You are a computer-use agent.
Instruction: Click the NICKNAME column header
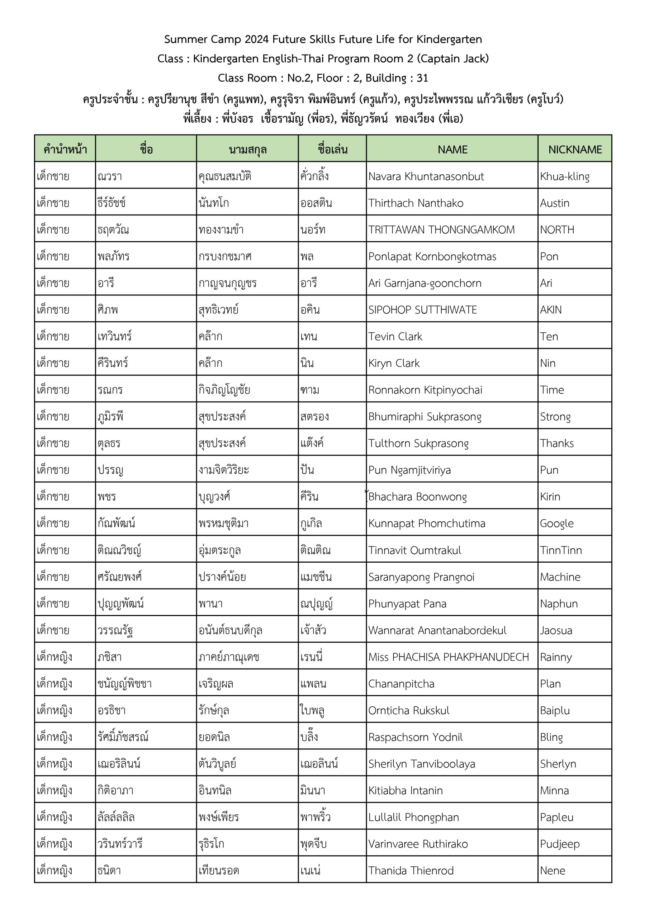[575, 150]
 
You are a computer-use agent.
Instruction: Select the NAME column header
[452, 150]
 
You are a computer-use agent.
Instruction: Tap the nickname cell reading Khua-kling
[565, 176]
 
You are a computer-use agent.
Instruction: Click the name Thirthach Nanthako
[416, 203]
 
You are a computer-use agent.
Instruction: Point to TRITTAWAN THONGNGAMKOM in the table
[441, 230]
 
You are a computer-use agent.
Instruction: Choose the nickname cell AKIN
[551, 310]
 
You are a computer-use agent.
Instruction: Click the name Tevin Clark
[395, 337]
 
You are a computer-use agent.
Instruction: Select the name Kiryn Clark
[394, 364]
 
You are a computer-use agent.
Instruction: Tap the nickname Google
[556, 524]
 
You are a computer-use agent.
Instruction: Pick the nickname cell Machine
[560, 577]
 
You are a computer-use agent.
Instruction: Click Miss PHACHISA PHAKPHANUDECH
[448, 657]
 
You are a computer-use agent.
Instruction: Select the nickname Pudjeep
[559, 844]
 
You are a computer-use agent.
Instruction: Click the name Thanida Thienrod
[411, 871]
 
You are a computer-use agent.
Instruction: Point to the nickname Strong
[555, 417]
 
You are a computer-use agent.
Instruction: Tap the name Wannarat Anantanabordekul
[437, 630]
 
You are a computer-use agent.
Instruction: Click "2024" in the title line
[257, 39]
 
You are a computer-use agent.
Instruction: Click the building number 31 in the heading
[422, 78]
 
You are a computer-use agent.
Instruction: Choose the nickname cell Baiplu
[555, 710]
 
